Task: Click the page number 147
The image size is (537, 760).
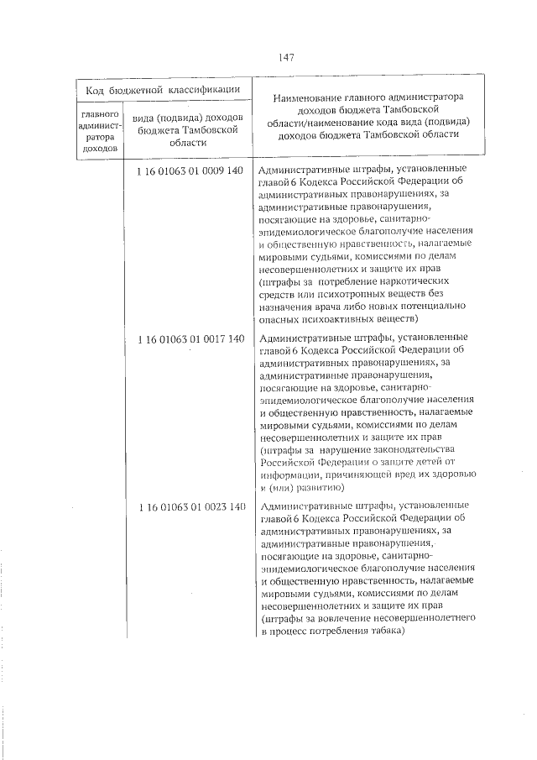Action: (x=285, y=57)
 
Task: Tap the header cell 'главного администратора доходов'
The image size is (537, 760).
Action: (x=100, y=129)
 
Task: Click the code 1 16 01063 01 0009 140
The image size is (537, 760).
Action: (x=190, y=170)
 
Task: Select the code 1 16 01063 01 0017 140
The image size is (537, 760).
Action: (x=190, y=338)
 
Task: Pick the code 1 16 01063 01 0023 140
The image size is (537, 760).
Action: (x=190, y=506)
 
